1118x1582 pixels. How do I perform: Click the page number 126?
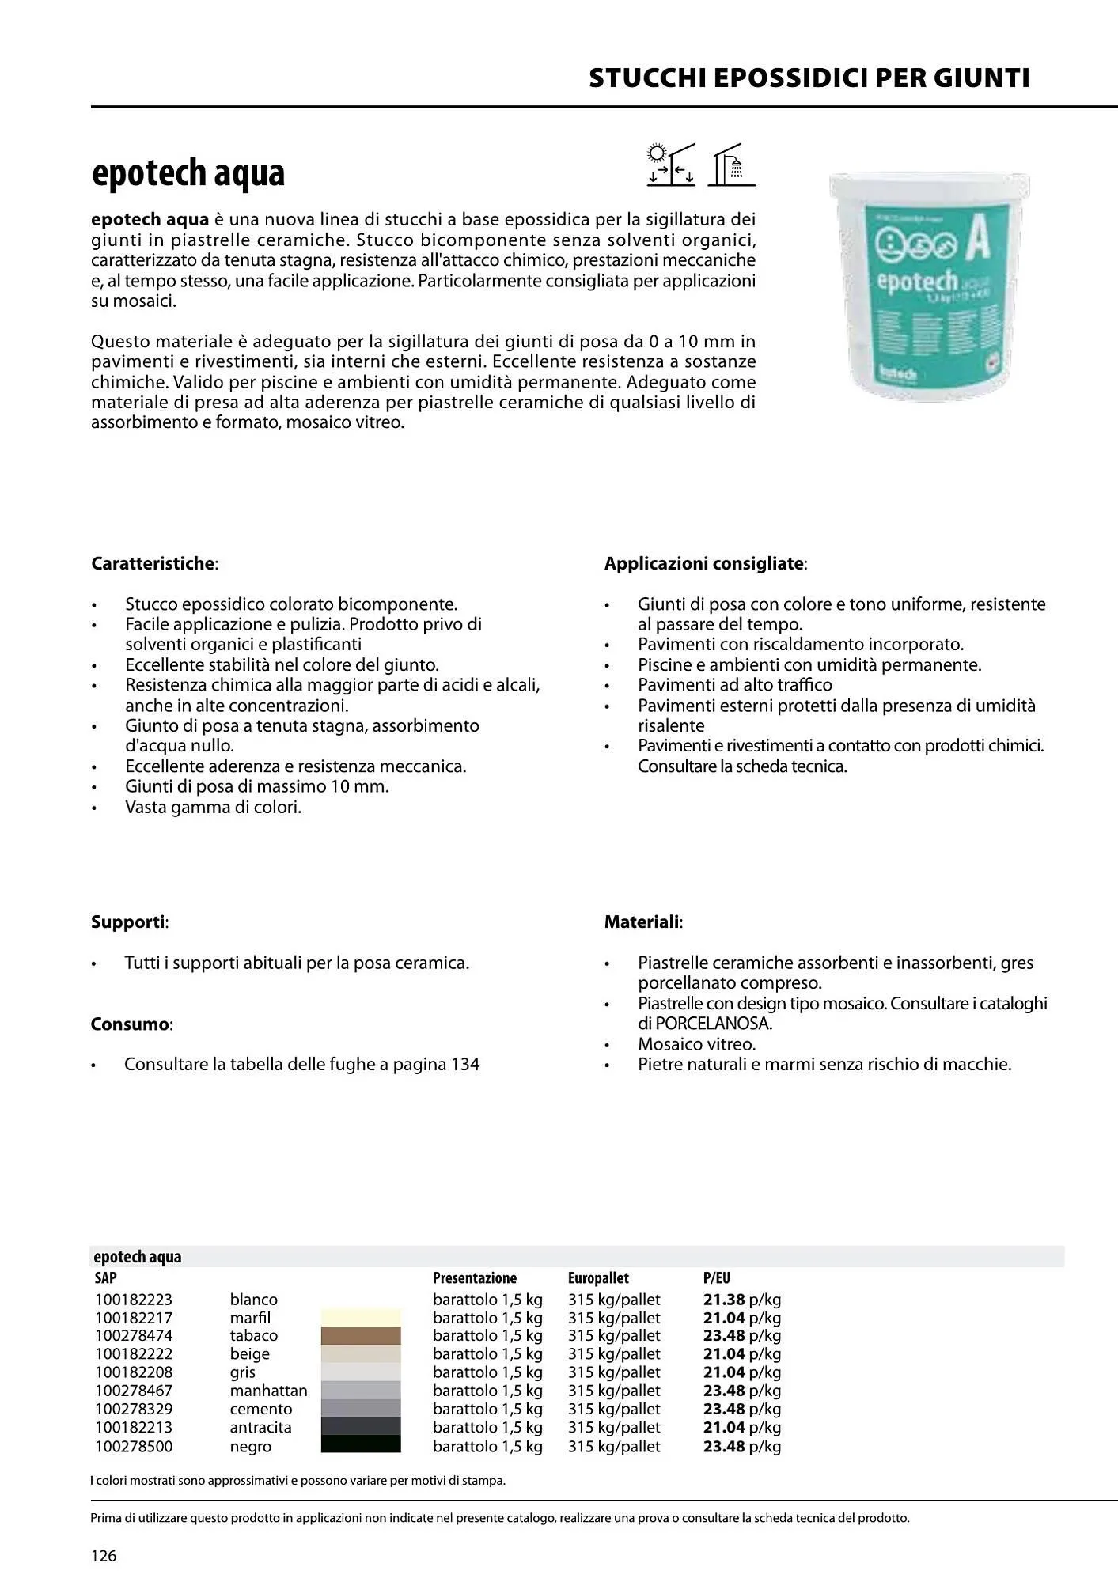[104, 1556]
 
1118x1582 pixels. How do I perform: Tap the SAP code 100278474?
[134, 1335]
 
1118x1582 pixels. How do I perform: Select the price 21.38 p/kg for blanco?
[741, 1299]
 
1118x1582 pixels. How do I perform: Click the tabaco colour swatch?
[361, 1335]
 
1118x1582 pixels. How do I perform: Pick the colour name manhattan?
[268, 1390]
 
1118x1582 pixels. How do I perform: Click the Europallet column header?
[597, 1277]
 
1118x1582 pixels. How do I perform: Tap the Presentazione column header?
[474, 1277]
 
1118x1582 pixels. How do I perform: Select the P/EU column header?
[716, 1277]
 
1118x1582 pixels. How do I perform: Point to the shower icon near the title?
[731, 165]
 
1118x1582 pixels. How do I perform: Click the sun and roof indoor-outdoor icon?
[670, 165]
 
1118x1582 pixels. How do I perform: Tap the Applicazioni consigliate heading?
[704, 563]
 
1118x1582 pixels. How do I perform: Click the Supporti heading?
[128, 922]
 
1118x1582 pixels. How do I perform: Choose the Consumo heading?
[131, 1024]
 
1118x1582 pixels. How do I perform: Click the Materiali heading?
[642, 922]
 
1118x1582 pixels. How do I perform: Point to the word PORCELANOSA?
[713, 1023]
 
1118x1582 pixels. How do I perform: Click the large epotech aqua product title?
[188, 173]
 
